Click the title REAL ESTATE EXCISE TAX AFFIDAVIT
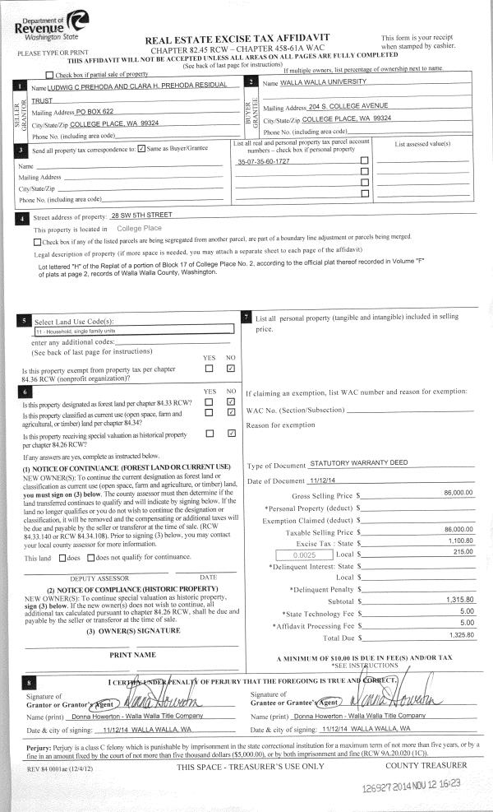[237, 39]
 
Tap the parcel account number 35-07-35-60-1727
[263, 160]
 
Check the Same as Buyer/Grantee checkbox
[143, 148]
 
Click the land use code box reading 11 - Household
[134, 330]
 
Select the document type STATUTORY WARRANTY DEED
[359, 463]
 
